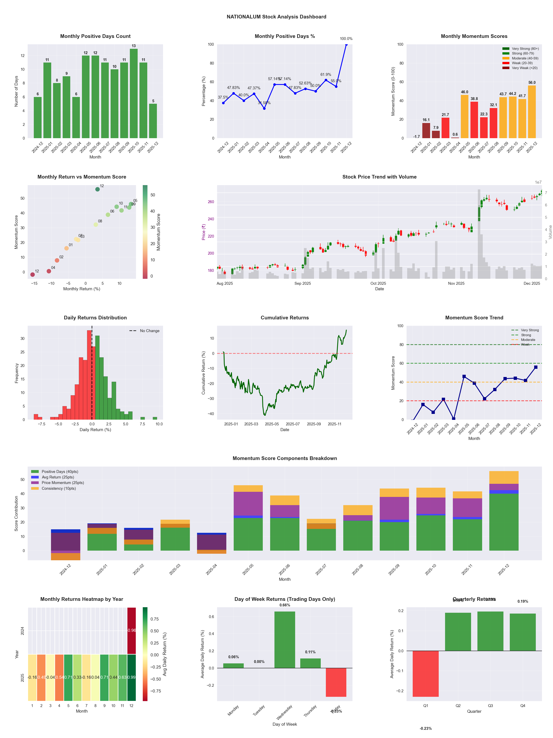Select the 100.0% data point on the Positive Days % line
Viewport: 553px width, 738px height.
(346, 44)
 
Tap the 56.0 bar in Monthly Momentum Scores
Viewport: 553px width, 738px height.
(532, 112)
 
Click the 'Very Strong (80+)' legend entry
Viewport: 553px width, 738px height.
(525, 49)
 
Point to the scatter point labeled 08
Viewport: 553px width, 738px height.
(96, 224)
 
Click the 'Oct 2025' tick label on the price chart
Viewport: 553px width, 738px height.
(378, 283)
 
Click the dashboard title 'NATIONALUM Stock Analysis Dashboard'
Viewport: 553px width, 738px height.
(276, 17)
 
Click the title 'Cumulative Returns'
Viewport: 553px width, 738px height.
(285, 318)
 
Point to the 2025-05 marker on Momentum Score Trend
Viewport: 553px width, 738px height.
(464, 376)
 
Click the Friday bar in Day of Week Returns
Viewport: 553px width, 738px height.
(336, 682)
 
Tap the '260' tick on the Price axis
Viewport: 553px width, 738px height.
(211, 202)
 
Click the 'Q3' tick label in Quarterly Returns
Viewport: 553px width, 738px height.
(490, 706)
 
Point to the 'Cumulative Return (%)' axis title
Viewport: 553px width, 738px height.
(203, 373)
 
